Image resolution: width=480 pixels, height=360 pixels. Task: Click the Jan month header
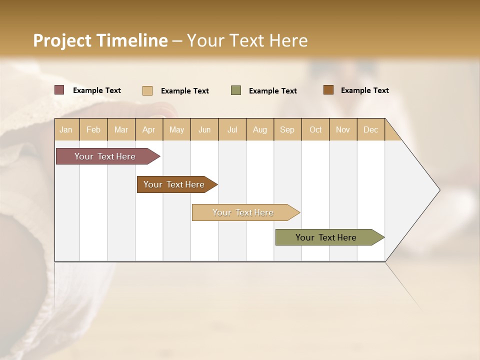coord(66,129)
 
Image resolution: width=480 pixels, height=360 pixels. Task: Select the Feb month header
coord(93,129)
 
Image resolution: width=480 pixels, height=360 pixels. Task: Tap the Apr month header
coord(149,129)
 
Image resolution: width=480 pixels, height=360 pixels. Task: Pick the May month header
coord(176,129)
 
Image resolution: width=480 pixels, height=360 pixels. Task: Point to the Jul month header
coord(232,129)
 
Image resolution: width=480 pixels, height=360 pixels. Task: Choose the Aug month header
coord(260,129)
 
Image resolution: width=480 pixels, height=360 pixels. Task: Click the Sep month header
coord(287,129)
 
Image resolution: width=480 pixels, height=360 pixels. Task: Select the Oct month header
coord(315,129)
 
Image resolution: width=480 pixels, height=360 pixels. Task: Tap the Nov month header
coord(343,129)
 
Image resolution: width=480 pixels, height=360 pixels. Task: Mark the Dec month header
coord(371,129)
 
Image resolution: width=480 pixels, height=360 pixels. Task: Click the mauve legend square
coord(59,90)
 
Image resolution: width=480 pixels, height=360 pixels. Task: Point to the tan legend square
coord(147,90)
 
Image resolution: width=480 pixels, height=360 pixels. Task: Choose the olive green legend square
coord(236,90)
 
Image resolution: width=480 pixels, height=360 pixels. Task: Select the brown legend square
coord(328,90)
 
